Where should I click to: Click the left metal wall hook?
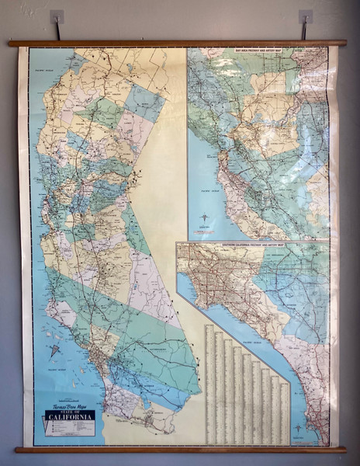[x=57, y=16]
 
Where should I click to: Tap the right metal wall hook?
[x=306, y=16]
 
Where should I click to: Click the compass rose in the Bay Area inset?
[x=204, y=218]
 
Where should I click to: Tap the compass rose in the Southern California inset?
[x=297, y=428]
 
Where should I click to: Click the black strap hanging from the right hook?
[x=304, y=30]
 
